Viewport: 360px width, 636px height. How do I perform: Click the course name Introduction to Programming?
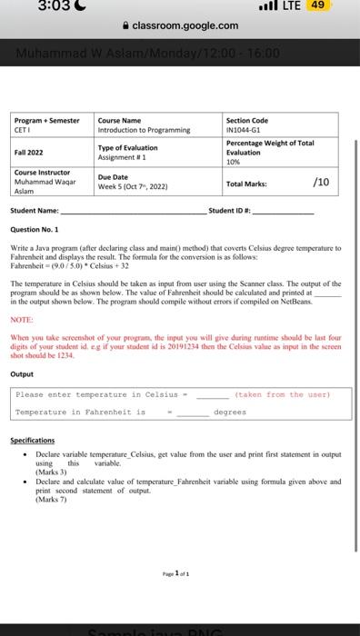(x=144, y=129)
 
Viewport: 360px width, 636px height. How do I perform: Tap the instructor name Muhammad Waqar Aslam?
(x=42, y=186)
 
